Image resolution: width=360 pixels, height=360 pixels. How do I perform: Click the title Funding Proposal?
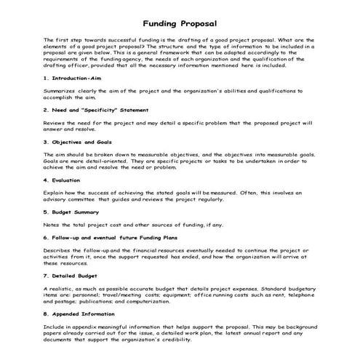point(180,23)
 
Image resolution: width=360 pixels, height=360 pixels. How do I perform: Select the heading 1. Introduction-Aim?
point(75,97)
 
